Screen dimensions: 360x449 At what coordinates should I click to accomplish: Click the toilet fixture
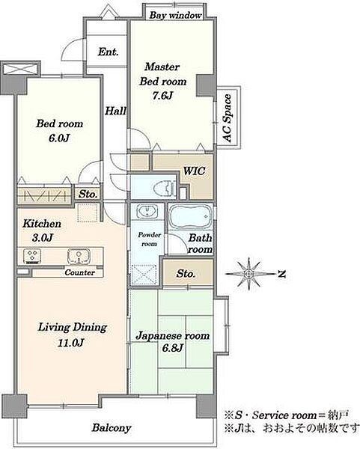(165, 188)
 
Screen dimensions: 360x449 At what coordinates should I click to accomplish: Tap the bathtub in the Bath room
(190, 217)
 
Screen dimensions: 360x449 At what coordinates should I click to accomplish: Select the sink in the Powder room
(147, 212)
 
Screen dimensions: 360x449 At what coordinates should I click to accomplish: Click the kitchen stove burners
(31, 256)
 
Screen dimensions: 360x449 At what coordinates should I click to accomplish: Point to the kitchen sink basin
(79, 256)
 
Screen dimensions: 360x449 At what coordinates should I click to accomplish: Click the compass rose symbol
(248, 274)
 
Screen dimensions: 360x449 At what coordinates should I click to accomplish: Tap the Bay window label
(175, 15)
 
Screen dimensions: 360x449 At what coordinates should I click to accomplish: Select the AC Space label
(227, 118)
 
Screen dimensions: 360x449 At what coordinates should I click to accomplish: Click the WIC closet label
(194, 171)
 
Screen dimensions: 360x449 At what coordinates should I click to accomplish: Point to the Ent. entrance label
(108, 52)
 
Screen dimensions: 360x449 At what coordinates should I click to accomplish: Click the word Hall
(115, 111)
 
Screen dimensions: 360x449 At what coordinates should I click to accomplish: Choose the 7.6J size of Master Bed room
(162, 95)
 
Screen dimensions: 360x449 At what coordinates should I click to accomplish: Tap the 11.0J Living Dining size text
(70, 343)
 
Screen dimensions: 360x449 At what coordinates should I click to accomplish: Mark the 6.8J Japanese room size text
(172, 348)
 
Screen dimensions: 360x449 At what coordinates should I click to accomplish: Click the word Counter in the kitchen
(79, 272)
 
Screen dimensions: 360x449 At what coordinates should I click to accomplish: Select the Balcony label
(112, 428)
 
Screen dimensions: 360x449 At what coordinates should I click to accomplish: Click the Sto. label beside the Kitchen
(88, 194)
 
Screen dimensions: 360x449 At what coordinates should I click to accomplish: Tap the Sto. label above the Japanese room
(186, 274)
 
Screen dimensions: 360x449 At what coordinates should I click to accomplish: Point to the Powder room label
(149, 239)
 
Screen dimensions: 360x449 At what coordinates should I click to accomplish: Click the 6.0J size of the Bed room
(59, 138)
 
